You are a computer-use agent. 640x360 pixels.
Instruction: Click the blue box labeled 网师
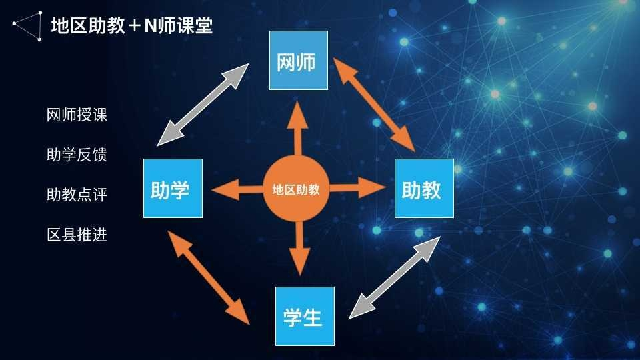coord(299,60)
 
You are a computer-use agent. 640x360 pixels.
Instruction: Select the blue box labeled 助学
coord(173,188)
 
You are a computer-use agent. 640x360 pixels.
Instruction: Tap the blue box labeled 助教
coord(424,188)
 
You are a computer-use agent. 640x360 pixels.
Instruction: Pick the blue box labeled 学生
coord(305,316)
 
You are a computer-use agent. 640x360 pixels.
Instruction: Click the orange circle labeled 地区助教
coord(296,189)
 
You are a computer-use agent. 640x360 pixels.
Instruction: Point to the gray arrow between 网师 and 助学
coord(203,105)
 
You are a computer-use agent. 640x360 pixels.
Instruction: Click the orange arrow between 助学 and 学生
coord(210,277)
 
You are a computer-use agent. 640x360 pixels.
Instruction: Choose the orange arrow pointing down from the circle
coord(298,247)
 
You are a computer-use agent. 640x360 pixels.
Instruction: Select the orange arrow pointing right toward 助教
coord(358,187)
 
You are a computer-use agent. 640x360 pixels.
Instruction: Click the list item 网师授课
coord(77,115)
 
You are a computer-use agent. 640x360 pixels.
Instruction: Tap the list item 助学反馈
coord(77,155)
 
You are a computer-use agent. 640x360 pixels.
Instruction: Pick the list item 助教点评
coord(77,195)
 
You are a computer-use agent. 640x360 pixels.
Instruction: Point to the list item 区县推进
coord(77,235)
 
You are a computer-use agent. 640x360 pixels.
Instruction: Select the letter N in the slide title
coord(149,26)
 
